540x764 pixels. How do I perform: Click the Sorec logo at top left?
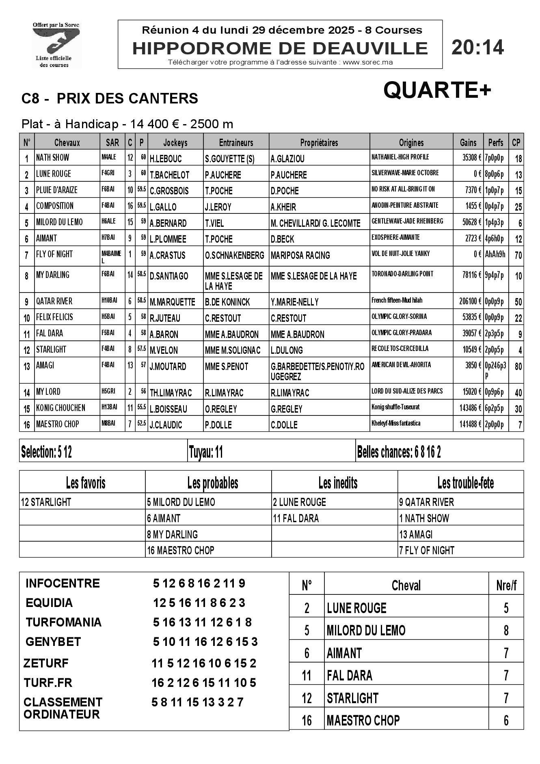pyautogui.click(x=56, y=45)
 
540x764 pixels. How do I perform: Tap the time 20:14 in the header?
pyautogui.click(x=477, y=47)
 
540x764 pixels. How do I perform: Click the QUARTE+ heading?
pyautogui.click(x=437, y=90)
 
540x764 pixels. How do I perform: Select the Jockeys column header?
pyautogui.click(x=175, y=142)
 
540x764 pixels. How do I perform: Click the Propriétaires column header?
pyautogui.click(x=319, y=142)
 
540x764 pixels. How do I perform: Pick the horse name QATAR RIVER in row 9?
pyautogui.click(x=54, y=301)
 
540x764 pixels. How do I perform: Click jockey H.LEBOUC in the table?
pyautogui.click(x=166, y=159)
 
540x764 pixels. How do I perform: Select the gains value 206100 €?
pyautogui.click(x=468, y=301)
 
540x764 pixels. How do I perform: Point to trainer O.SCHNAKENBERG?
pyautogui.click(x=235, y=255)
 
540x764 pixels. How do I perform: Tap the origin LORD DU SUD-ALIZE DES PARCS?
pyautogui.click(x=407, y=391)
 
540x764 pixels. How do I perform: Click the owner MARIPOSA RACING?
pyautogui.click(x=300, y=255)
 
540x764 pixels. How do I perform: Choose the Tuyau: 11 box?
pyautogui.click(x=206, y=452)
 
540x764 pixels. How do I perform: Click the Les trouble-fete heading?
pyautogui.click(x=465, y=483)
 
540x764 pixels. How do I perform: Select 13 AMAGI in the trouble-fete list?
pyautogui.click(x=416, y=534)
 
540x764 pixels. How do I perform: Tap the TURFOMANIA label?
pyautogui.click(x=63, y=622)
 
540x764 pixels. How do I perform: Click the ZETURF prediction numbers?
pyautogui.click(x=204, y=663)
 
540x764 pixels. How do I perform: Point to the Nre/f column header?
pyautogui.click(x=506, y=585)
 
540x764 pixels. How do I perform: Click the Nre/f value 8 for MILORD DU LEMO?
pyautogui.click(x=506, y=631)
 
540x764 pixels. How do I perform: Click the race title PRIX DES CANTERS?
pyautogui.click(x=127, y=99)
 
